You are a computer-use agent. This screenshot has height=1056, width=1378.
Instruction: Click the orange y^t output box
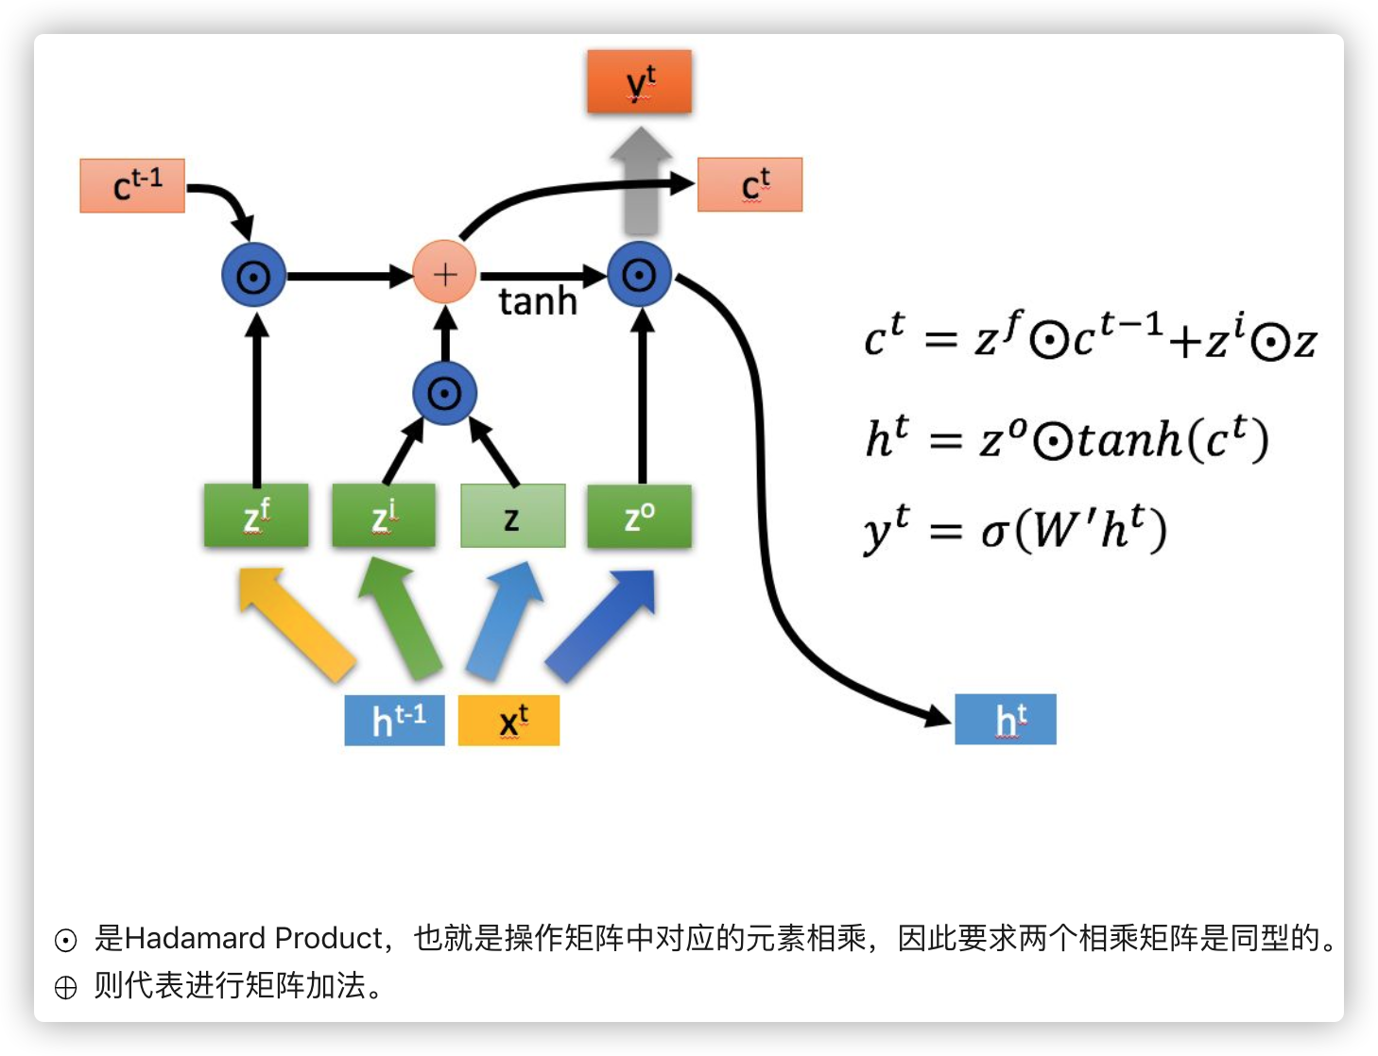[x=639, y=82]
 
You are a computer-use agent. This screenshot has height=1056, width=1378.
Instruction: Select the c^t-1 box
[x=132, y=186]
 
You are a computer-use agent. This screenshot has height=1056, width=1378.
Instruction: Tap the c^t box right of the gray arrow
[x=749, y=185]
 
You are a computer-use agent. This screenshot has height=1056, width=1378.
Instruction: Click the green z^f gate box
[x=256, y=516]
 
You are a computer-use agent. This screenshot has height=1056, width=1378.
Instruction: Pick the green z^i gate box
[x=384, y=516]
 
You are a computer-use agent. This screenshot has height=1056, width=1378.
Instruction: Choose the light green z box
[x=512, y=516]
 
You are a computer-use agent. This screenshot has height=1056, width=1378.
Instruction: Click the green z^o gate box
[x=639, y=516]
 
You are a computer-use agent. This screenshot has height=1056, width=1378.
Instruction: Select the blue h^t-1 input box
[x=394, y=721]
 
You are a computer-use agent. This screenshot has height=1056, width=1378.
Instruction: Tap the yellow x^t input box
[x=508, y=721]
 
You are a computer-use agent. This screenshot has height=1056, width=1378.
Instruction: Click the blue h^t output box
[x=1006, y=720]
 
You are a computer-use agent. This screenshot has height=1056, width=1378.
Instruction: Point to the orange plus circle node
[x=444, y=274]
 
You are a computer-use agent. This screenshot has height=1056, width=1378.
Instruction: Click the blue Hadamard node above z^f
[x=253, y=275]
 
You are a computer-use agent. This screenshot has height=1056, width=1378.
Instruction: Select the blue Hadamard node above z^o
[x=640, y=275]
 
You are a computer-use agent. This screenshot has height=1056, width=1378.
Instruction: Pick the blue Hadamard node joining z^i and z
[x=444, y=393]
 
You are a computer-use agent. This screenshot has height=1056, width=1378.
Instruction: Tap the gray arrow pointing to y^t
[x=641, y=184]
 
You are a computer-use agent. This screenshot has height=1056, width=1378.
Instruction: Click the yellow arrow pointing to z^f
[x=296, y=622]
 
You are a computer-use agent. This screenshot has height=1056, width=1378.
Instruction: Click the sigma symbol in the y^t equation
[x=995, y=532]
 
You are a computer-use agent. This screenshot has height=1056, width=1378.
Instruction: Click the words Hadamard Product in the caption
[x=253, y=938]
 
